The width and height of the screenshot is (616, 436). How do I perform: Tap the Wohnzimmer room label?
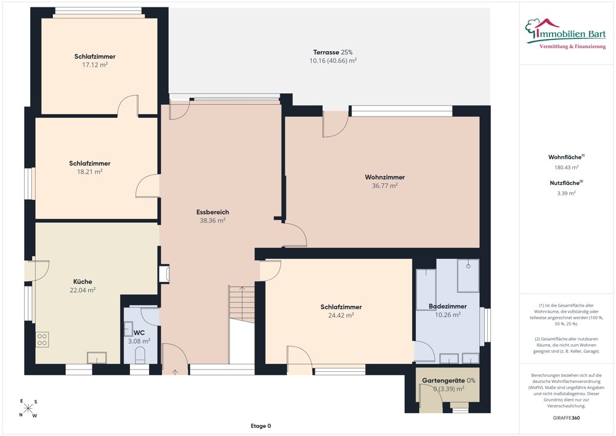point(384,178)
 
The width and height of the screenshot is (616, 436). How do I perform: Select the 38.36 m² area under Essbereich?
point(213,221)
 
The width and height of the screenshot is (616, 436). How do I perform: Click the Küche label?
point(83,281)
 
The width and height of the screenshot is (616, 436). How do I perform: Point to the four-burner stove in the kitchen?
point(42,340)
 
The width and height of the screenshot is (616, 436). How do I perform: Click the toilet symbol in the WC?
point(140,356)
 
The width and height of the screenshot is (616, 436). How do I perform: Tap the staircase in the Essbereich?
point(241,305)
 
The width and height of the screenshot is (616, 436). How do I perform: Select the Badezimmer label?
point(447,306)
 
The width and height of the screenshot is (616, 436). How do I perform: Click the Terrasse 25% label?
point(333,52)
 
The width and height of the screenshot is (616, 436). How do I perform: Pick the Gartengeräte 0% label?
point(448,380)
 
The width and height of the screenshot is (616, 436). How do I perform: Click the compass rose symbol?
point(28,409)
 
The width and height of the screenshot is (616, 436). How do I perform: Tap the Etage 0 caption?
point(261,426)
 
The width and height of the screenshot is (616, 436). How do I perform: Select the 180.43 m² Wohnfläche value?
point(566,168)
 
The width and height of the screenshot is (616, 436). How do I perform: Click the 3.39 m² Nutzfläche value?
point(566,194)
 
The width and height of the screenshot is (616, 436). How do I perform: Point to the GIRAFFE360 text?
point(566,418)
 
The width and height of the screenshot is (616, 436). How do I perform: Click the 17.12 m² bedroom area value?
point(95,65)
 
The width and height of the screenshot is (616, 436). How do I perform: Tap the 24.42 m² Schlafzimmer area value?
point(341,315)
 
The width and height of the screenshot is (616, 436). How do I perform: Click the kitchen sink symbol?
point(97,358)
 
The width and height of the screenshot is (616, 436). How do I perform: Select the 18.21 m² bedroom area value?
point(89,172)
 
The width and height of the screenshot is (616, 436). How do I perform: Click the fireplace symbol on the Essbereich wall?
point(164,274)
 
